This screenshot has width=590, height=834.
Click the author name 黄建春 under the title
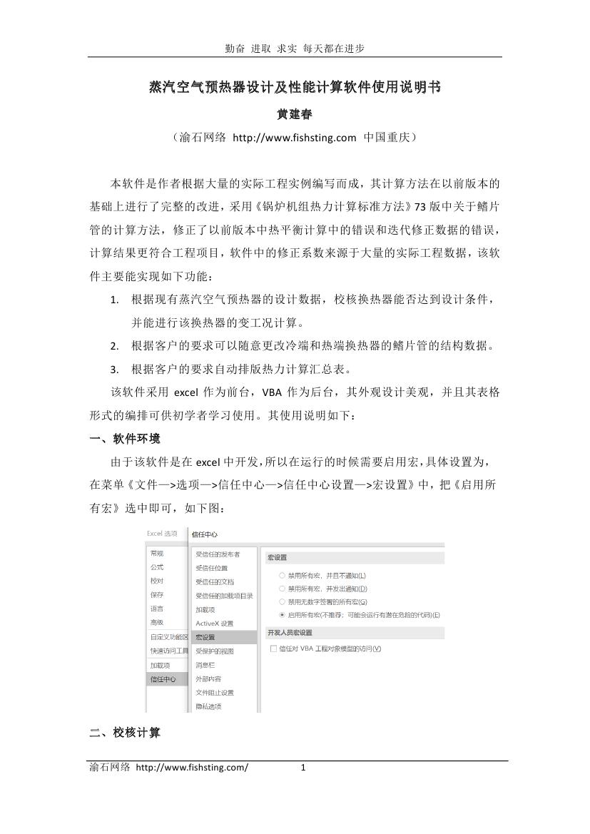coord(295,113)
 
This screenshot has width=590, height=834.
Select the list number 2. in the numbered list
coord(114,346)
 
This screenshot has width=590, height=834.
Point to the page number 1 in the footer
coord(303,768)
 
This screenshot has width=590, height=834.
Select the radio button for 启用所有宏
coord(283,614)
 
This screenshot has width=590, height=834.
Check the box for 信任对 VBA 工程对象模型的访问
coord(273,649)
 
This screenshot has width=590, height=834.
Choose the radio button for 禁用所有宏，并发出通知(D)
coord(283,589)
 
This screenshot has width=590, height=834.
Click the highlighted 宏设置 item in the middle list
coord(205,637)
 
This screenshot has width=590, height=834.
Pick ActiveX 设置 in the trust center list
coord(214,624)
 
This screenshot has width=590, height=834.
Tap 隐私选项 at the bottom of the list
coord(209,707)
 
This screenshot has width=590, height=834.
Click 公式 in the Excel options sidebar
coord(157,567)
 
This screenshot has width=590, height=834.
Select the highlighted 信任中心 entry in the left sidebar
coord(163,679)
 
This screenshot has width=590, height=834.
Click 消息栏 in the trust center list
coord(205,665)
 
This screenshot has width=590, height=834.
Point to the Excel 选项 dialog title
coord(162,534)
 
